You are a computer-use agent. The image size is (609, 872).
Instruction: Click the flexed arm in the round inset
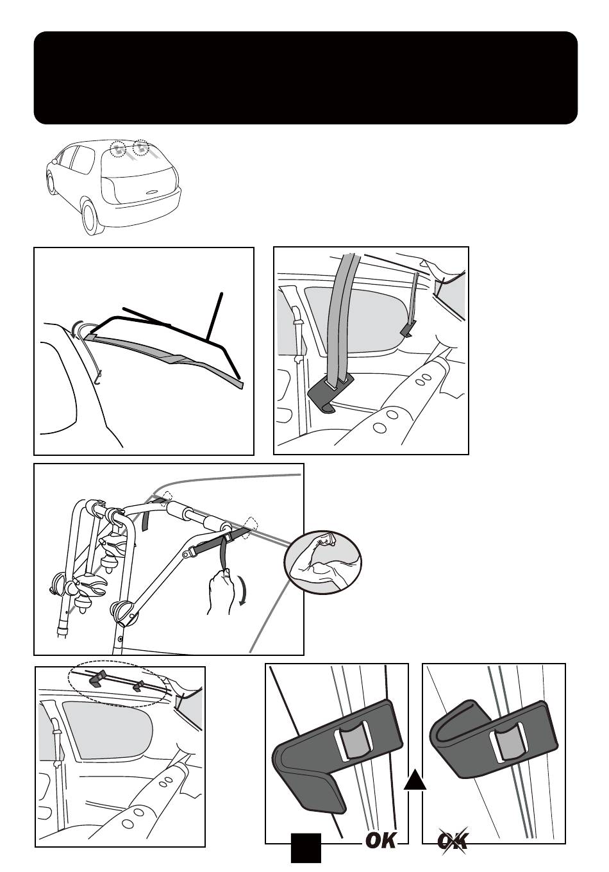pos(322,563)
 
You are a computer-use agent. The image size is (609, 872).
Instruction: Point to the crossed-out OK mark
pos(453,840)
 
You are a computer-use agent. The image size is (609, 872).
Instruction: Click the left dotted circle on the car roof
pos(118,149)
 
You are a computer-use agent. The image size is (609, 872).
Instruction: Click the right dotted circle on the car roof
pos(140,149)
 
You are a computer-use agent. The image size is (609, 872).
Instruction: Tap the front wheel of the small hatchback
pos(51,183)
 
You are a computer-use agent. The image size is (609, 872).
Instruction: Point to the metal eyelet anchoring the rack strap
pos(194,549)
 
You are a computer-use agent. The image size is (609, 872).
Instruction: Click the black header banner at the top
pos(305,77)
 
